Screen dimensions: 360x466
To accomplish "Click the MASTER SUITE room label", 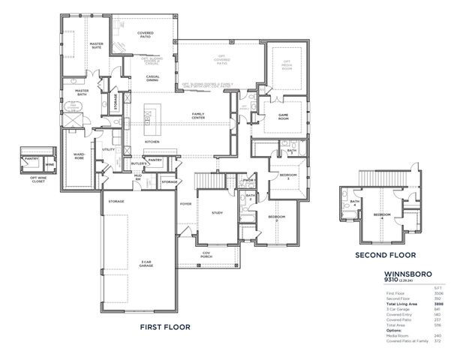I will [96, 46].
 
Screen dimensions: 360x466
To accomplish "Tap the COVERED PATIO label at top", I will [145, 35].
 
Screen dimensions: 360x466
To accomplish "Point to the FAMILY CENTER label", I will [198, 116].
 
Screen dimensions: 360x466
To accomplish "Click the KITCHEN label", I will [152, 141].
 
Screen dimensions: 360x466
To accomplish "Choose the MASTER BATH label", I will [82, 92].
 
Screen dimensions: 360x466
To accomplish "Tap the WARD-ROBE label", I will [78, 157].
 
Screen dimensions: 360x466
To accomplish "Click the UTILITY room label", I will [109, 149].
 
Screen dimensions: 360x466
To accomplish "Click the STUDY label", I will [217, 213].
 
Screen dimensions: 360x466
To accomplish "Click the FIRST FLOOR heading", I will [164, 327].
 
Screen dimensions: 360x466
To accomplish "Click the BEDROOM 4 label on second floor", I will [383, 214].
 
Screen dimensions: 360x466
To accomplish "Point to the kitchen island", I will [148, 116].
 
